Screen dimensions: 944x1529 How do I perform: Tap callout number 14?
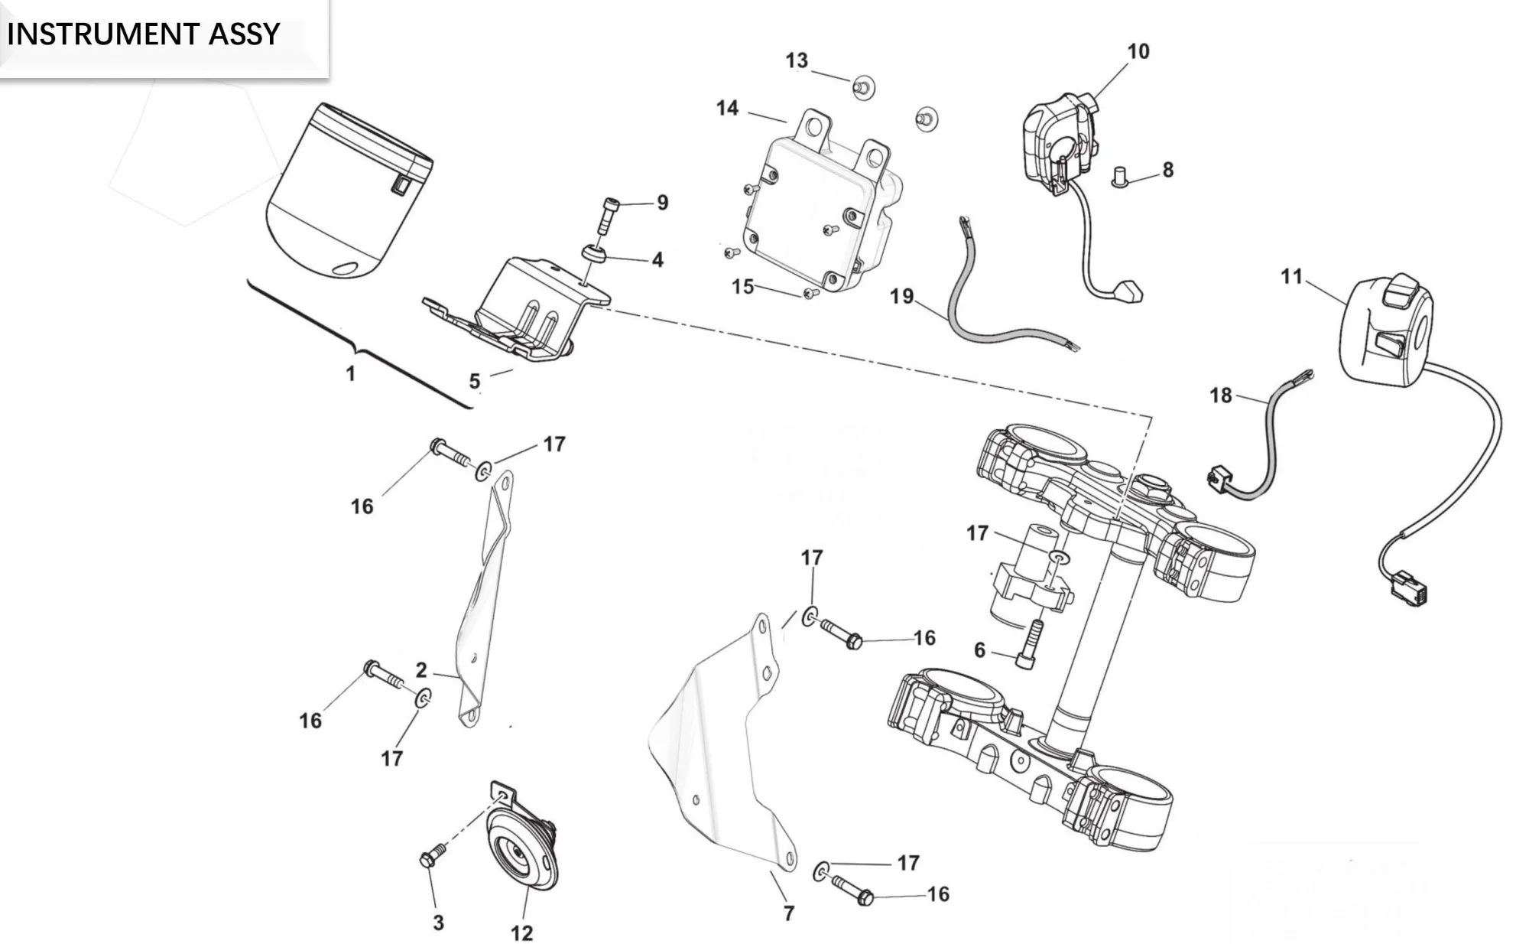[x=727, y=109]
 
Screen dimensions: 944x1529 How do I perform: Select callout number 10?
[x=1138, y=52]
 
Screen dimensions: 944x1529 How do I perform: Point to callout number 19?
[x=901, y=296]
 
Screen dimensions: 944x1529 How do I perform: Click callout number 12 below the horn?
[x=521, y=933]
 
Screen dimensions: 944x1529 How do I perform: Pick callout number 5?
[x=475, y=381]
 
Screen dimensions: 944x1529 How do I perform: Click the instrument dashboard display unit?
[x=348, y=191]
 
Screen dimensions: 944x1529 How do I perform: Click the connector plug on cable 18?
[x=1219, y=479]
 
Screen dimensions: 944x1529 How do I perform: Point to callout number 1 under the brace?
[x=350, y=374]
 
